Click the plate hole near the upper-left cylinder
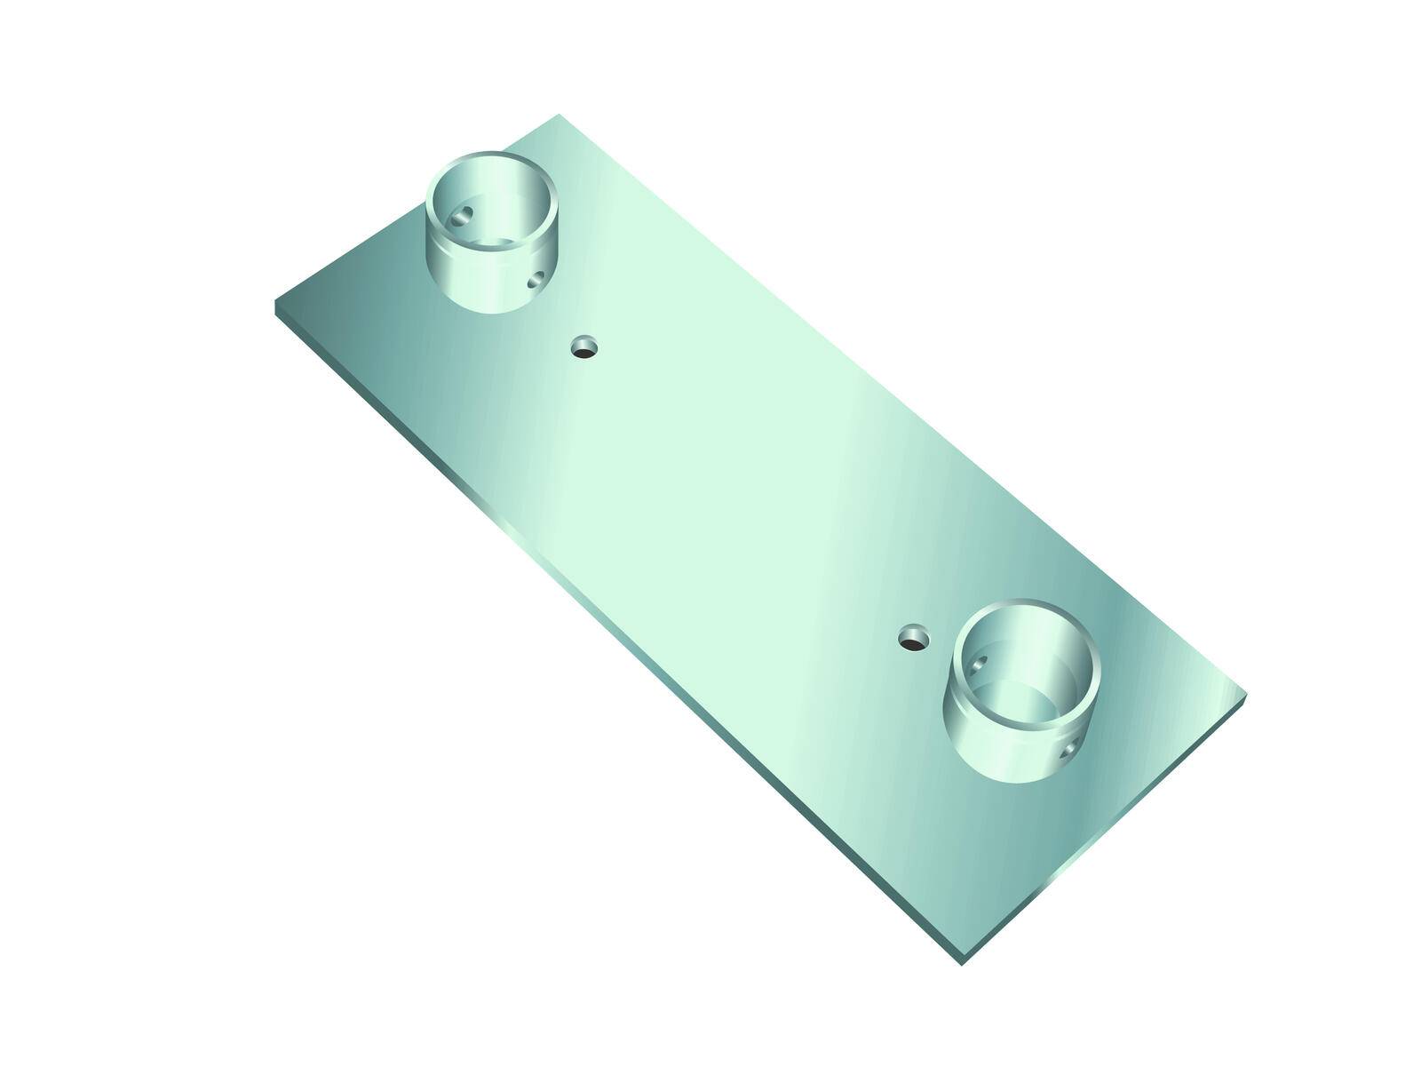point(583,346)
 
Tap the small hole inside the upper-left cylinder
point(462,215)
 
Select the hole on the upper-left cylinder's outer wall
point(535,282)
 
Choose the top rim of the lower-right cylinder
point(1027,605)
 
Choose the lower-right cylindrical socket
point(1027,689)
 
